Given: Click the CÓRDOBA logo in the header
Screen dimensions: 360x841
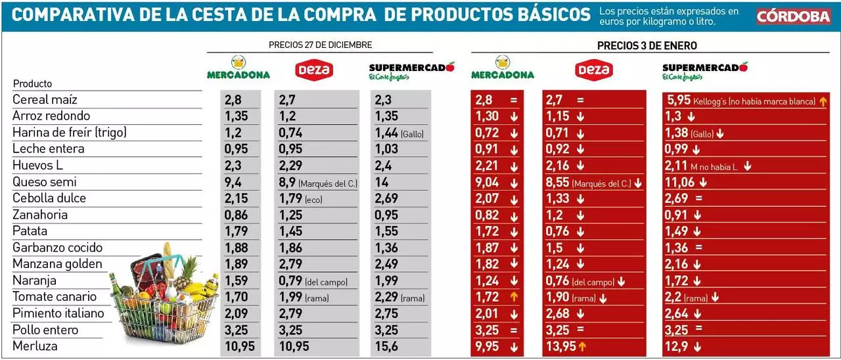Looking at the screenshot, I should pos(793,16).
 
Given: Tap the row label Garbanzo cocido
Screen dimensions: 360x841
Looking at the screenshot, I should pos(57,248).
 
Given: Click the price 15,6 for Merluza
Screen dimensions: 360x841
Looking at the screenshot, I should pos(386,346).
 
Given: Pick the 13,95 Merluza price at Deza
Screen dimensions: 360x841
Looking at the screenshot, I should pos(560,346).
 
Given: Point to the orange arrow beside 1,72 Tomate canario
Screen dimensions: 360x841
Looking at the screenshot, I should pos(514,297).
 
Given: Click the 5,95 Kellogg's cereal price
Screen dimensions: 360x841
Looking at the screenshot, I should pos(679,100).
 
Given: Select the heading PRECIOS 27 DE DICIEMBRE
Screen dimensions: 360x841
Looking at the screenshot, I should pos(320,45).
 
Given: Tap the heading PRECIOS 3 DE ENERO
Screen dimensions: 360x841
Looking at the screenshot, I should pos(647,45).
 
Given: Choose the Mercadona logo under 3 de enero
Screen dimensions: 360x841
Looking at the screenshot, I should pos(503,68).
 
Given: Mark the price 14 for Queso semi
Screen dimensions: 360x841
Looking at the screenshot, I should pos(382,182).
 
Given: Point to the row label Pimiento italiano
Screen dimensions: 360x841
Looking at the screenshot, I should pos(58,313).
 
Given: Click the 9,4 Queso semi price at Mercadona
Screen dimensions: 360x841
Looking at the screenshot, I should pos(233,182).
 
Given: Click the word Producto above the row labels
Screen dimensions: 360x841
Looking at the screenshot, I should pos(32,83).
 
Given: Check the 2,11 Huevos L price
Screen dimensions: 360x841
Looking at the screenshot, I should pos(676,166).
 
